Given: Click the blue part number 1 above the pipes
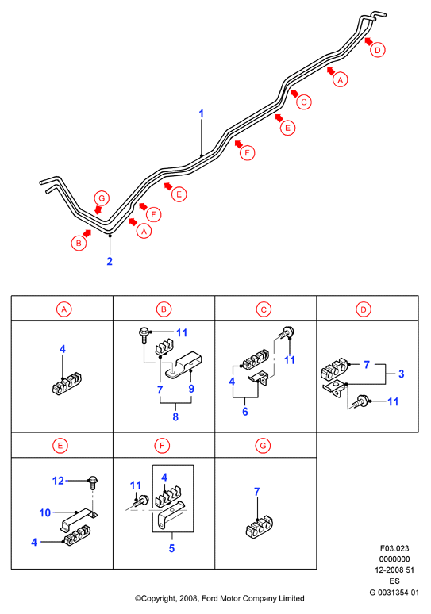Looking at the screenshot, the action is click(x=202, y=113).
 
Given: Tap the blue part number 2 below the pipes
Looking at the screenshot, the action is click(x=110, y=261).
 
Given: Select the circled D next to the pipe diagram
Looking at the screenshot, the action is click(x=377, y=50).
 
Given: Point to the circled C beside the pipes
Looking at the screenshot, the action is click(x=304, y=102).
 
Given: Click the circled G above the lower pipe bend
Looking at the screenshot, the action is click(x=102, y=198).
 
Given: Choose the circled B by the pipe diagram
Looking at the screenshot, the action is click(x=79, y=243).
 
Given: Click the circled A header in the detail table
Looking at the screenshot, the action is click(x=63, y=309).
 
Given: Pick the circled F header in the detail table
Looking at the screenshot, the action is click(x=162, y=446).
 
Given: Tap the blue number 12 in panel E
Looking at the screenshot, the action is click(x=58, y=481).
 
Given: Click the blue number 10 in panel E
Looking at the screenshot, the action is click(x=45, y=512).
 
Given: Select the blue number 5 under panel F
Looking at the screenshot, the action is click(x=171, y=548).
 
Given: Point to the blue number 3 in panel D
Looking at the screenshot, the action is click(x=401, y=374).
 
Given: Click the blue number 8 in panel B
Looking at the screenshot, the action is click(x=175, y=416).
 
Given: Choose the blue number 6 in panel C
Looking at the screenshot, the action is click(x=245, y=412).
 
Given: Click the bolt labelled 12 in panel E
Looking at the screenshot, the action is click(x=93, y=482).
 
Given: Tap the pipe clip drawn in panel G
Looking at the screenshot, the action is click(x=259, y=528).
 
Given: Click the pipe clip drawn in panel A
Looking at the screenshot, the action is click(x=67, y=384).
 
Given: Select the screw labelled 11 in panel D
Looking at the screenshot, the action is click(x=361, y=401).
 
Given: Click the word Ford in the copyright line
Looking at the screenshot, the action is click(x=210, y=598).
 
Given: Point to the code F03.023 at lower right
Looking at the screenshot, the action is click(x=394, y=548).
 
